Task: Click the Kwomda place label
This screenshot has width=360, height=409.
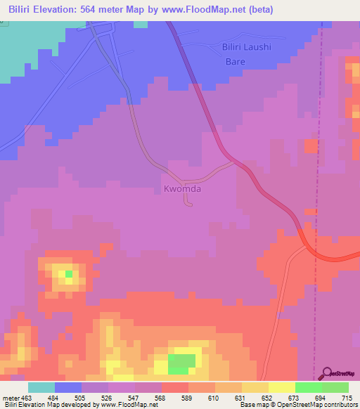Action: pyautogui.click(x=182, y=189)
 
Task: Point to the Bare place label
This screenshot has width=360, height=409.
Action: pyautogui.click(x=235, y=62)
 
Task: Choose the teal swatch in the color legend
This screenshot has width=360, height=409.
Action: pyautogui.click(x=41, y=387)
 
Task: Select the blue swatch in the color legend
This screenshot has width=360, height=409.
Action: pyautogui.click(x=68, y=387)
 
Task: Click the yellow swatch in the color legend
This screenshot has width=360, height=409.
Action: pyautogui.click(x=281, y=387)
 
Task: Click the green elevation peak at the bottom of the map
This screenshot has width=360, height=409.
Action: pyautogui.click(x=182, y=363)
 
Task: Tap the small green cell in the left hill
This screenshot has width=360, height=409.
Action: pyautogui.click(x=68, y=273)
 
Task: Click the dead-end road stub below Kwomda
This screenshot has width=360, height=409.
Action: pyautogui.click(x=188, y=204)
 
